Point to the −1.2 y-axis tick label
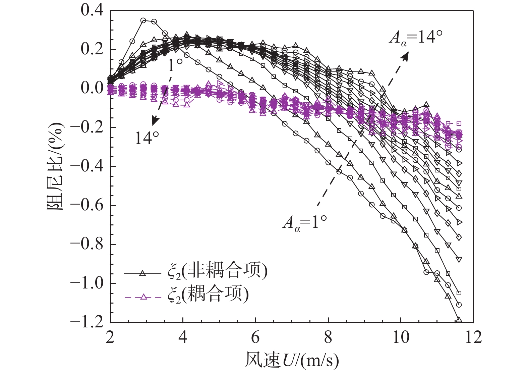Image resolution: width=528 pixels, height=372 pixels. [x=87, y=322]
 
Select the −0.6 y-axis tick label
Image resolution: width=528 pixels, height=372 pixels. [x=87, y=205]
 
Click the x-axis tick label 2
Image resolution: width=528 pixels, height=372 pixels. [x=110, y=337]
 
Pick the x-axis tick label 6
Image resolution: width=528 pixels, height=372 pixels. [x=255, y=337]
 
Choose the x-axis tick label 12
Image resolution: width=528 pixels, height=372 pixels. [x=473, y=337]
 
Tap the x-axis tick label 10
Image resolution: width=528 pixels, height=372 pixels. [x=401, y=337]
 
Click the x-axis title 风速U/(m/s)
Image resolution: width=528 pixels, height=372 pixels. [x=292, y=360]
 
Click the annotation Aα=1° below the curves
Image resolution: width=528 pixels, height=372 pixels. [x=304, y=222]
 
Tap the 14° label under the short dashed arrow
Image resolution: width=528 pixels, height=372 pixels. [x=147, y=138]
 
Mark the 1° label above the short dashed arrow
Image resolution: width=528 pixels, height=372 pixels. [x=175, y=66]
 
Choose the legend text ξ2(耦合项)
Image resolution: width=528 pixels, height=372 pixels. [x=208, y=295]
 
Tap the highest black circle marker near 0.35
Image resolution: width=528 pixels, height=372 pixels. [x=143, y=20]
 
